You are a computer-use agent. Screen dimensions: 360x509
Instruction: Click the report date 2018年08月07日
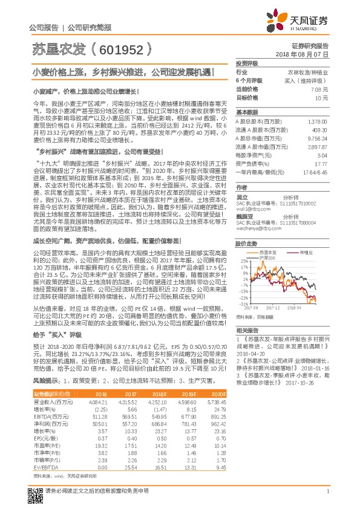click(x=307, y=54)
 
